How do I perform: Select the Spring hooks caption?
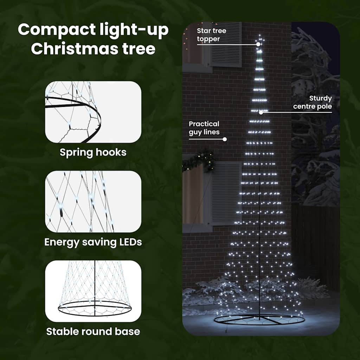[93, 153]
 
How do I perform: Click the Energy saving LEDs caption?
[93, 242]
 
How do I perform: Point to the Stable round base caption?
[93, 331]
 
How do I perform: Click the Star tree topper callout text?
[211, 35]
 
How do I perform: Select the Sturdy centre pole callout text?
[313, 102]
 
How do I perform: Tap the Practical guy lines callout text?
[204, 128]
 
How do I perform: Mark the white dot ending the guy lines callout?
[225, 139]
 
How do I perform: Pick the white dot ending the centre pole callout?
[261, 112]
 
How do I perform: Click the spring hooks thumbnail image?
[93, 112]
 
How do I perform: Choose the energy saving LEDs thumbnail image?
[93, 201]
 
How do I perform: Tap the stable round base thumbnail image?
[93, 291]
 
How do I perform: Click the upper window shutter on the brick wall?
[226, 44]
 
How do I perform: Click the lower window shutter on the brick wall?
[226, 193]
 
